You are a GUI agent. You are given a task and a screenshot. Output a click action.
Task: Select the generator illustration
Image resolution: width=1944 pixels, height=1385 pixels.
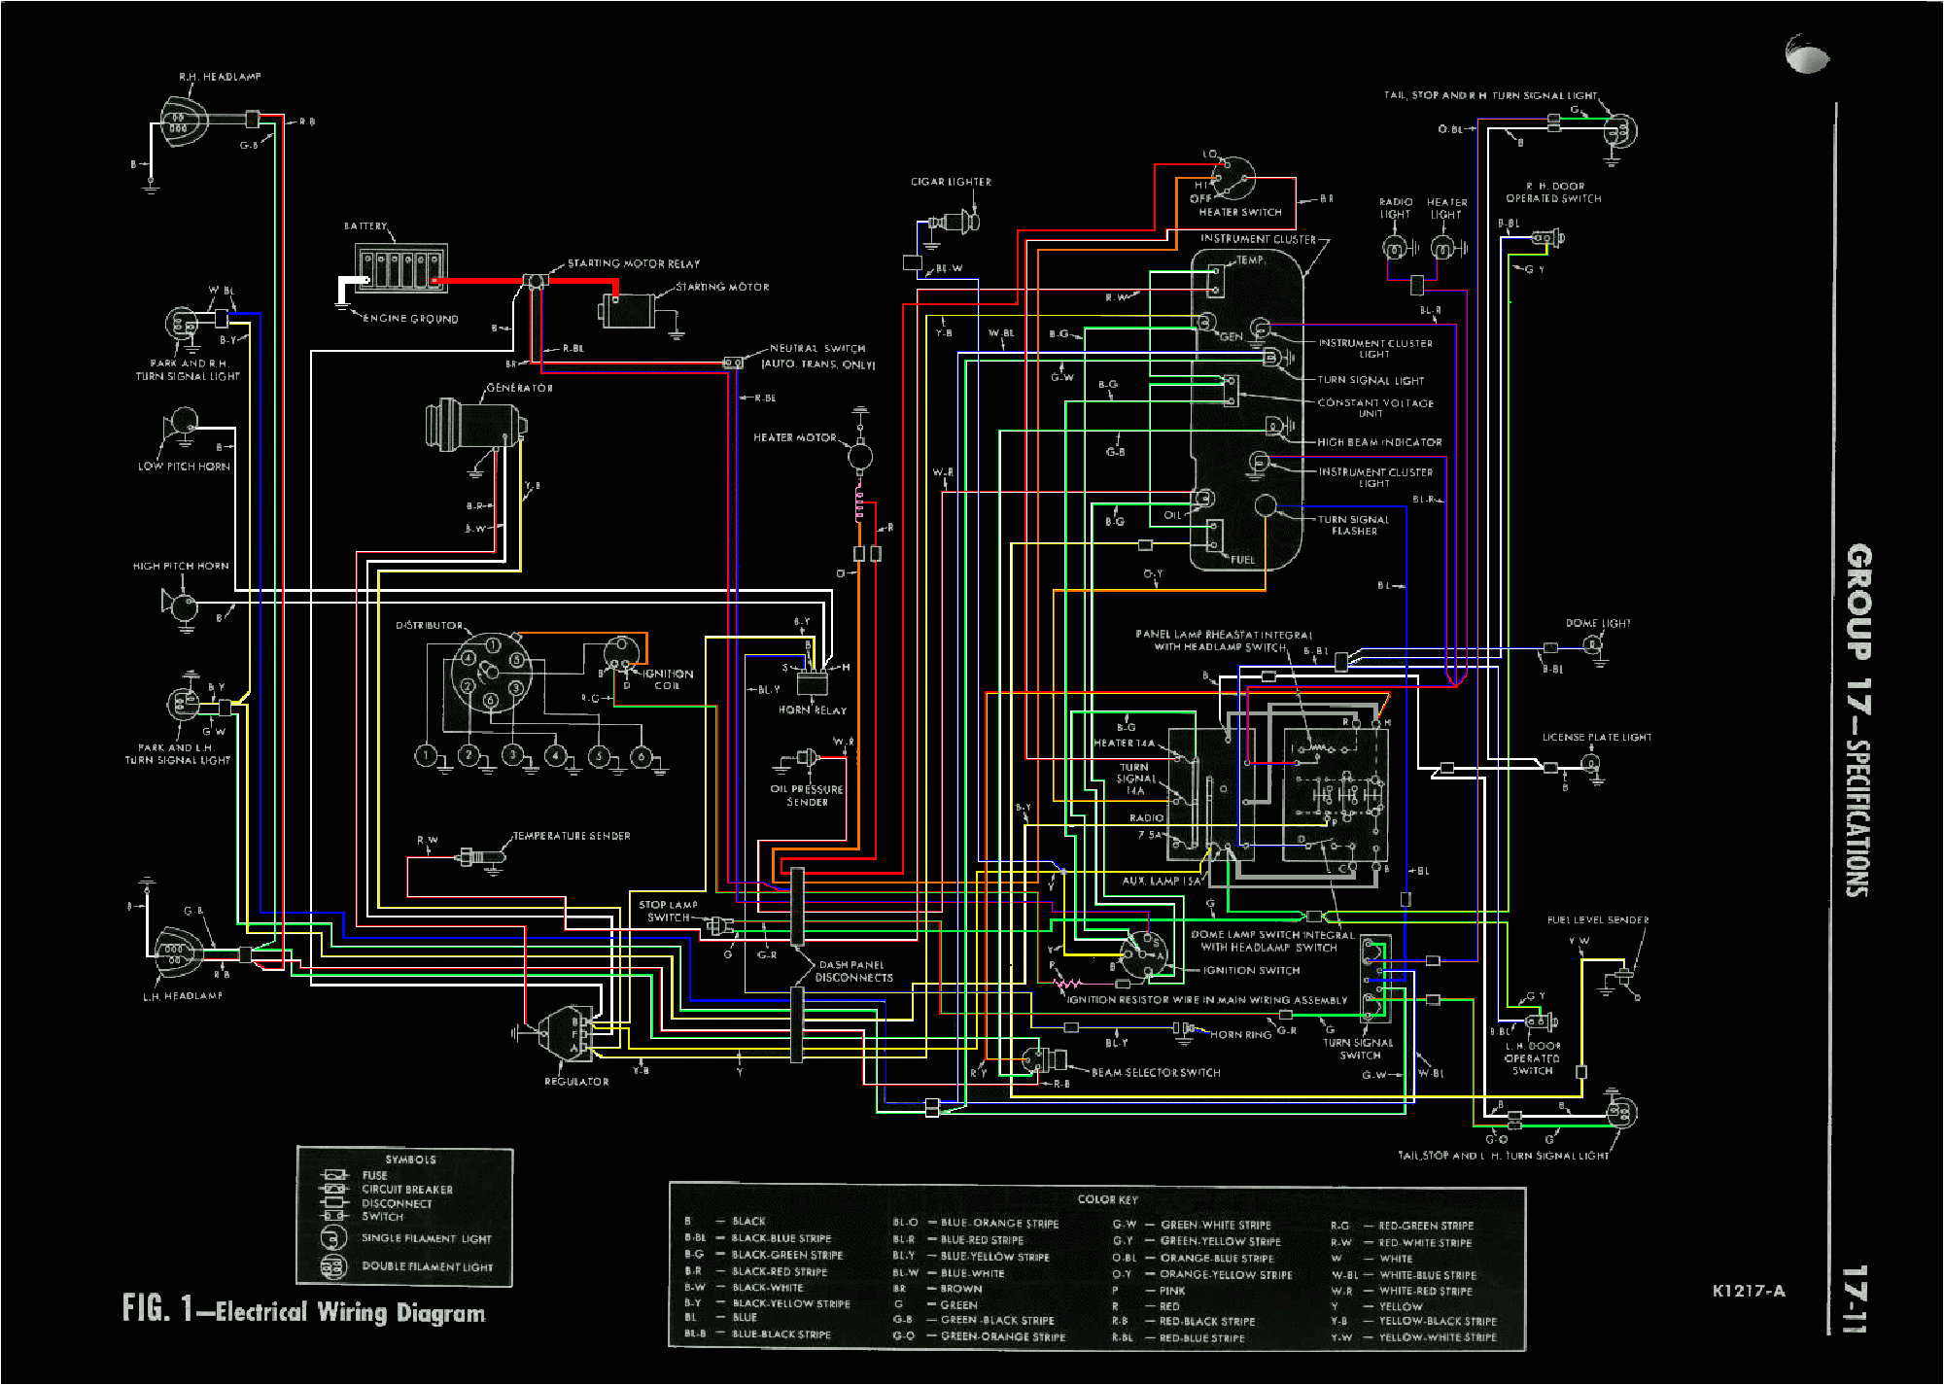tap(474, 424)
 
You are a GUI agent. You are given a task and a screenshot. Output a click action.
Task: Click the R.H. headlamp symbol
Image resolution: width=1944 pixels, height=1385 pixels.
tap(183, 122)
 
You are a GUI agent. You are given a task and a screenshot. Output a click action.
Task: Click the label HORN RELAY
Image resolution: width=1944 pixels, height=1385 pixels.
tap(812, 710)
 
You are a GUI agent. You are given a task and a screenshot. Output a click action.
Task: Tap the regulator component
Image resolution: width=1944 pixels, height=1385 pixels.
tap(564, 1034)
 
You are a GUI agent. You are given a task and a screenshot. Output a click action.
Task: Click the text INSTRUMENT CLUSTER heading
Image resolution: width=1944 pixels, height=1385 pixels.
tap(1258, 239)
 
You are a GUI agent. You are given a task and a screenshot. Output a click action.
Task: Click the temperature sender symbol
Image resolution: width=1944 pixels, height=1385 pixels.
tap(482, 857)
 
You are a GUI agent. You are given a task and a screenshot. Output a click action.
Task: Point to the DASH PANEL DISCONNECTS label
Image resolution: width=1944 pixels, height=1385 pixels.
tap(853, 972)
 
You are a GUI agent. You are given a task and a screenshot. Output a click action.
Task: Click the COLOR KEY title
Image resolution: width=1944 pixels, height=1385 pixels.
tap(1106, 1200)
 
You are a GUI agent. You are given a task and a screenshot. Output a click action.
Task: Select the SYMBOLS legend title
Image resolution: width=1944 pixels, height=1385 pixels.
tap(410, 1160)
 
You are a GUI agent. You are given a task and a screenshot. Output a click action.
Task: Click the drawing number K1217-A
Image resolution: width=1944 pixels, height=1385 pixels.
tap(1748, 1291)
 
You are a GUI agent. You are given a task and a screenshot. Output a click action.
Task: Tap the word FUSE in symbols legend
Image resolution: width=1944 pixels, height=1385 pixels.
tap(374, 1175)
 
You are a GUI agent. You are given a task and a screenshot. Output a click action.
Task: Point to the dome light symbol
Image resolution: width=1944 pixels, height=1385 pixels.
tap(1592, 644)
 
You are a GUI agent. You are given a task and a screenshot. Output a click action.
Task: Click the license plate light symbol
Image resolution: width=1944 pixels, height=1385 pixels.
tap(1592, 766)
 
